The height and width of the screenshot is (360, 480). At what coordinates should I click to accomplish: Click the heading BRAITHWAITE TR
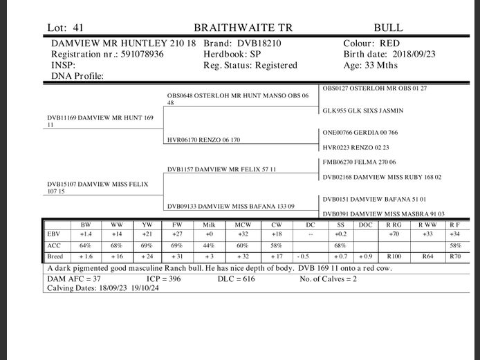point(243,28)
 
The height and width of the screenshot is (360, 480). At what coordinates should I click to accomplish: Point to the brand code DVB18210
point(257,43)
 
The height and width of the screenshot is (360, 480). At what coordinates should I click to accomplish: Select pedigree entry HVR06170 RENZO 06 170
point(204,140)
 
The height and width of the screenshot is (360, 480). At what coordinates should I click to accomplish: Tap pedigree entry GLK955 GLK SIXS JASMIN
point(362,111)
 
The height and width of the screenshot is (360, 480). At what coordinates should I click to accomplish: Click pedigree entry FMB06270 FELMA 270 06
point(359,162)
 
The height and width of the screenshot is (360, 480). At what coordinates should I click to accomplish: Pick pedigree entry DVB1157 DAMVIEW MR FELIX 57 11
point(221,169)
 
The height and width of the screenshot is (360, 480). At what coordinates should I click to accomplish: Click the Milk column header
point(209,225)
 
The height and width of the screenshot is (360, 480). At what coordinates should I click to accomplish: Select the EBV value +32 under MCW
point(242,235)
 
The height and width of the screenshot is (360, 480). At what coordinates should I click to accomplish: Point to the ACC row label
point(54,245)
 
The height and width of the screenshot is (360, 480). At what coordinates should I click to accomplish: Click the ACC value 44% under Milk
point(209,245)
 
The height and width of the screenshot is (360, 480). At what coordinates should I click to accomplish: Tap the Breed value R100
point(394,256)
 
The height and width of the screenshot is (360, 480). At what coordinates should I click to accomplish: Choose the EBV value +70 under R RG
point(394,235)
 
